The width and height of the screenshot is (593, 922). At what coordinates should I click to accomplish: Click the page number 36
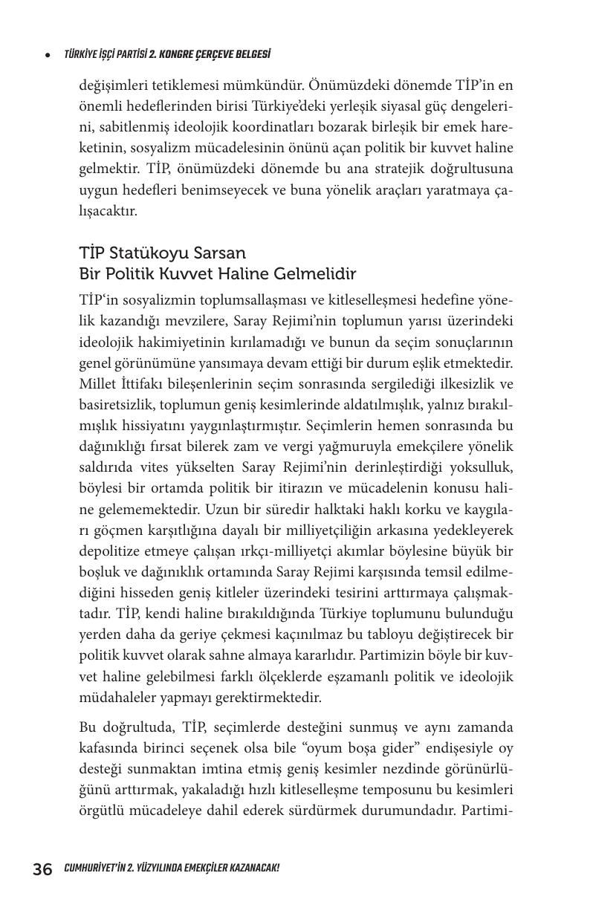[x=42, y=869]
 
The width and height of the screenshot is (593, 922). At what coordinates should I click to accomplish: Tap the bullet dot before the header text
[x=48, y=55]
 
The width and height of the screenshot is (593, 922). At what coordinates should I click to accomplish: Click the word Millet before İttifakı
[x=97, y=384]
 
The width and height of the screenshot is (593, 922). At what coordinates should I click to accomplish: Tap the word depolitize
[x=109, y=551]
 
